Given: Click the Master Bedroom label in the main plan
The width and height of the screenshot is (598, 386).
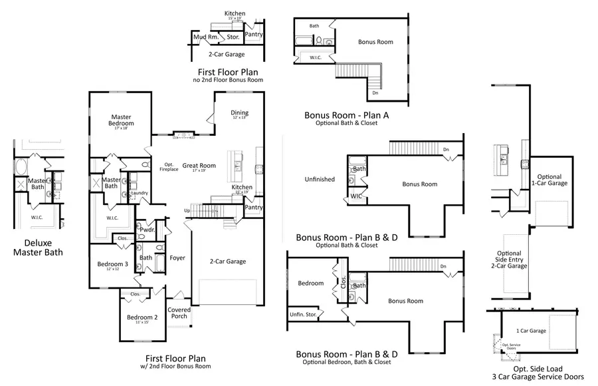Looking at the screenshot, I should click(122, 120).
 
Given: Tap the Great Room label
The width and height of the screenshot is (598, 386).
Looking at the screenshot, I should click(199, 166).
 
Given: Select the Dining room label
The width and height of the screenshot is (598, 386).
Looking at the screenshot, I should click(239, 113).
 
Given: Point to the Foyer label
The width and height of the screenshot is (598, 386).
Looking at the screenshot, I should click(177, 258).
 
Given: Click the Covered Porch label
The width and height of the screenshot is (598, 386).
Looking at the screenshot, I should click(179, 313).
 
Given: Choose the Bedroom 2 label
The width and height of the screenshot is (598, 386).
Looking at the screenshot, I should click(142, 317).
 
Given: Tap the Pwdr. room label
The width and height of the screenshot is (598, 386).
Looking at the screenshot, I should click(147, 230).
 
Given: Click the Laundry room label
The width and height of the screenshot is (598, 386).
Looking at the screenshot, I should click(140, 193).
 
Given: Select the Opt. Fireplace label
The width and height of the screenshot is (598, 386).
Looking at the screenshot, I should click(169, 167).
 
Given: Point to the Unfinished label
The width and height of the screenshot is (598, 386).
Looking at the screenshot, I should click(320, 179).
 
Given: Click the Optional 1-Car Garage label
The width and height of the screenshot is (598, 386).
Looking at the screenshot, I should click(553, 180).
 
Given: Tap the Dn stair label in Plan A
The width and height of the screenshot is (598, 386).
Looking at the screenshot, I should click(376, 93).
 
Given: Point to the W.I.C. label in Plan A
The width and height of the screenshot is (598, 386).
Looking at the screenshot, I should click(316, 57).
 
